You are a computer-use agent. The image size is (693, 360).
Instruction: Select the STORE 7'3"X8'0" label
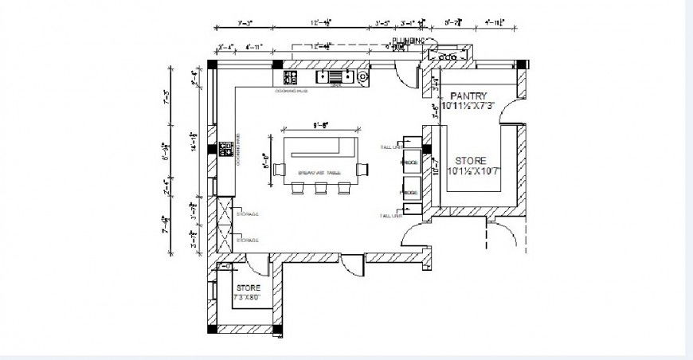coord(248,292)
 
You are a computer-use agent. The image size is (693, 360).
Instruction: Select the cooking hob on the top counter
coord(290,77)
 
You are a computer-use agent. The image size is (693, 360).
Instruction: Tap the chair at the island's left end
coord(279,168)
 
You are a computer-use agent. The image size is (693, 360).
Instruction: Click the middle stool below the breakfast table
coord(321,189)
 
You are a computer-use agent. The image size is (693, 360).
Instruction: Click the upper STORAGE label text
coord(249,214)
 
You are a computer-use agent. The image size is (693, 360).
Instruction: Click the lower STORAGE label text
coord(249,240)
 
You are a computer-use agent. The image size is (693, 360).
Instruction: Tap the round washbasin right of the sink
coord(363,76)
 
